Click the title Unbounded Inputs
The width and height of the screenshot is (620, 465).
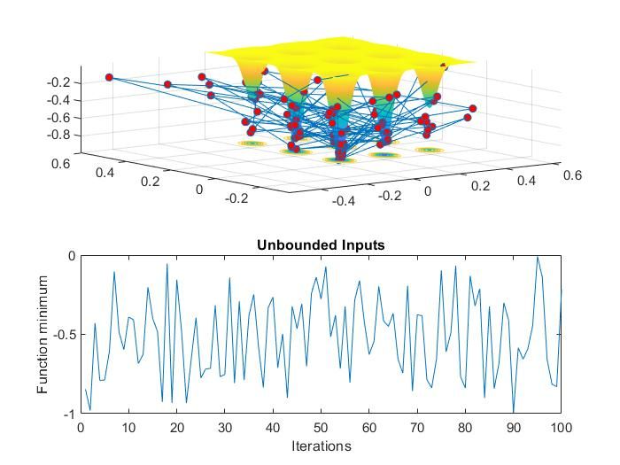[321, 245]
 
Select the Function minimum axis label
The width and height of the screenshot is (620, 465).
[43, 335]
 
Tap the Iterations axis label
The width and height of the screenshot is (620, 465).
[321, 446]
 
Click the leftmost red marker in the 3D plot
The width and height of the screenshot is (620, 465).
[109, 77]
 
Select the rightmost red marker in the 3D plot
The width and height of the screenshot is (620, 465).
[473, 108]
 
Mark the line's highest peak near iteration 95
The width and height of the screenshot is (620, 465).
[537, 258]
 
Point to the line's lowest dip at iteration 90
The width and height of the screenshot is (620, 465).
[514, 413]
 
